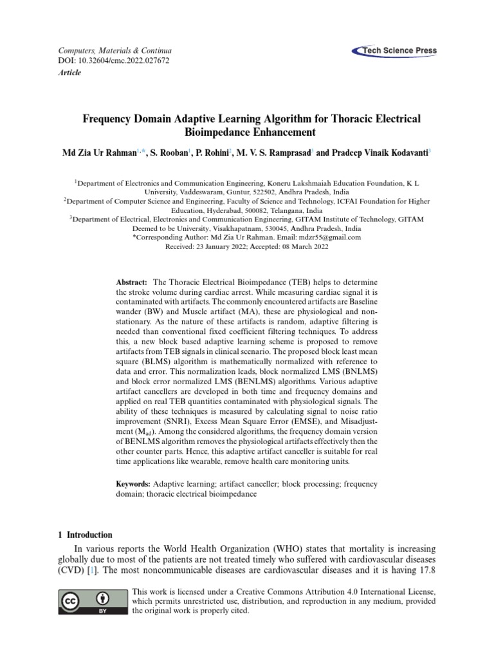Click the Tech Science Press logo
394,51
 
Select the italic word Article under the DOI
51,73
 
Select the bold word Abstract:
132,283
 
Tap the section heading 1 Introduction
86,535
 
